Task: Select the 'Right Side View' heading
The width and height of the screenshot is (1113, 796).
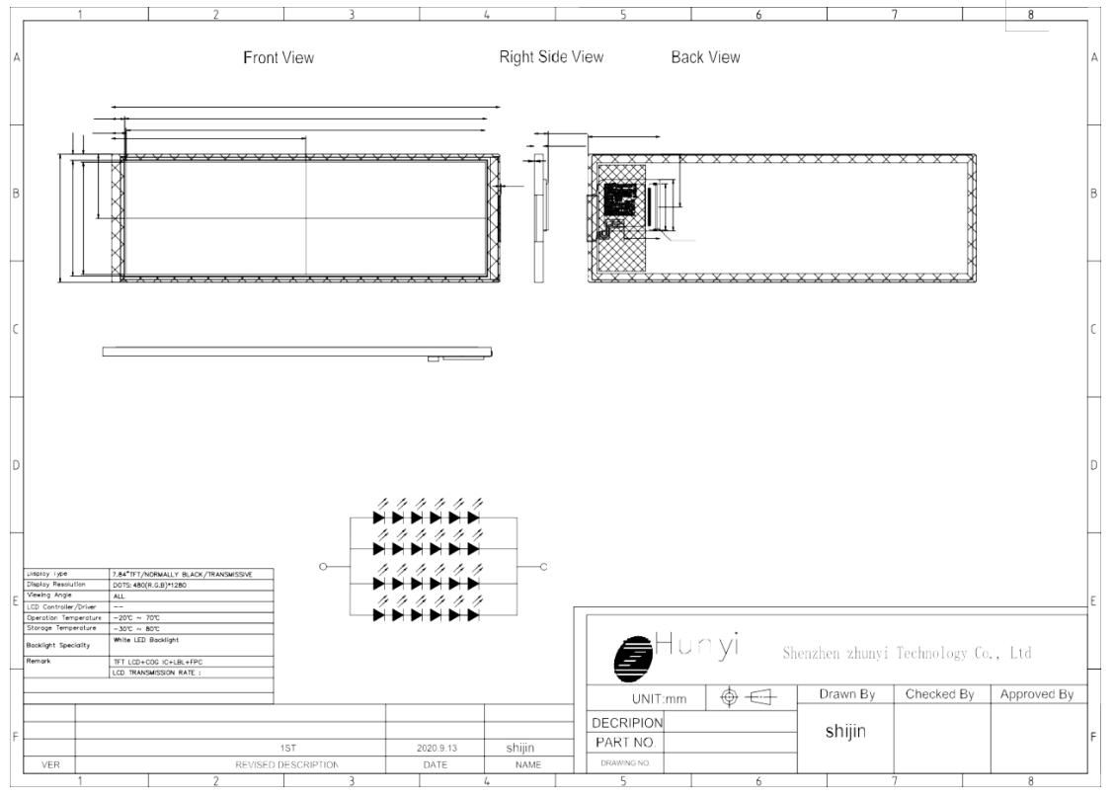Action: click(551, 58)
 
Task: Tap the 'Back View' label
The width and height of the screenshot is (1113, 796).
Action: click(705, 58)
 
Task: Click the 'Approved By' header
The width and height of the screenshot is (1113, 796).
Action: click(1037, 696)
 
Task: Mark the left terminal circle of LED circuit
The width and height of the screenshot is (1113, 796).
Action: click(323, 566)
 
